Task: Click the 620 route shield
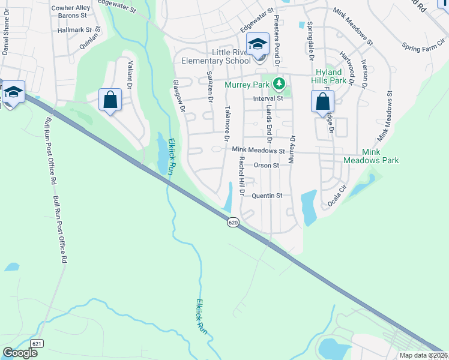tap(234, 223)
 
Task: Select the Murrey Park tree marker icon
tap(278, 83)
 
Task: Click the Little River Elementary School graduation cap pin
tap(258, 46)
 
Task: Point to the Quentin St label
tap(267, 196)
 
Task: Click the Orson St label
tap(267, 165)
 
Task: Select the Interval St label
tap(268, 98)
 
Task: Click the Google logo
tap(20, 353)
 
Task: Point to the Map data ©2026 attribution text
tap(423, 355)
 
